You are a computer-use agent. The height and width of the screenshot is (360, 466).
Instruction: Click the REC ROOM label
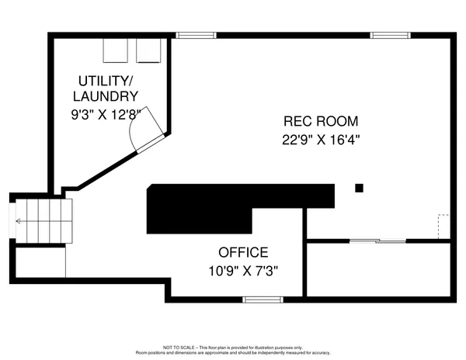pyautogui.click(x=321, y=122)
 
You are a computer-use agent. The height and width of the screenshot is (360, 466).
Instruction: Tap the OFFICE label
pyautogui.click(x=242, y=253)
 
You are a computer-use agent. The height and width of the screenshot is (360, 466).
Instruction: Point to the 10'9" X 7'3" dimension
pyautogui.click(x=242, y=271)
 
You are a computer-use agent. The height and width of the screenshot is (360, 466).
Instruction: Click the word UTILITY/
pyautogui.click(x=107, y=81)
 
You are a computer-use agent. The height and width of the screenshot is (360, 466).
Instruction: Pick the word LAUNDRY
pyautogui.click(x=107, y=97)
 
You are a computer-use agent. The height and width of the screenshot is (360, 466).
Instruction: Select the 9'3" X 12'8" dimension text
pyautogui.click(x=107, y=115)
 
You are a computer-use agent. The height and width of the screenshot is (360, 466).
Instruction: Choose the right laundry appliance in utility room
pyautogui.click(x=148, y=50)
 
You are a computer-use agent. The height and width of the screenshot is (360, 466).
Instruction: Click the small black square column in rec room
pyautogui.click(x=359, y=187)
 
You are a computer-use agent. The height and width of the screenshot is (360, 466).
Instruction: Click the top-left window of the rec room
pyautogui.click(x=194, y=35)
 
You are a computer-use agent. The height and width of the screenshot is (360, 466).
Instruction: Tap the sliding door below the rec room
pyautogui.click(x=377, y=241)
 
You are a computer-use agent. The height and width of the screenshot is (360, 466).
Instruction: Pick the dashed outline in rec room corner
pyautogui.click(x=443, y=226)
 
